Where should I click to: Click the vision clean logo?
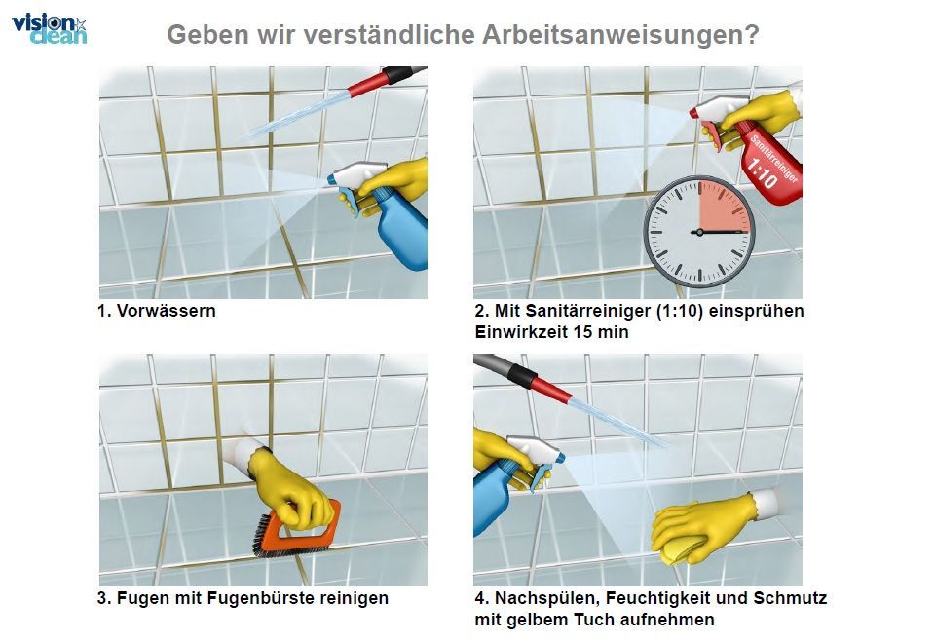click(49, 29)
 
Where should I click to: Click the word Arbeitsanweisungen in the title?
click(620, 35)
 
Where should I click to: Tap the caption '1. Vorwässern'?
click(156, 311)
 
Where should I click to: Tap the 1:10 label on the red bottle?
click(762, 173)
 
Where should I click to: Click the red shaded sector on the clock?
click(722, 205)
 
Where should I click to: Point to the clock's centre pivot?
click(699, 232)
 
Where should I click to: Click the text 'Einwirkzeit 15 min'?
click(551, 332)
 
